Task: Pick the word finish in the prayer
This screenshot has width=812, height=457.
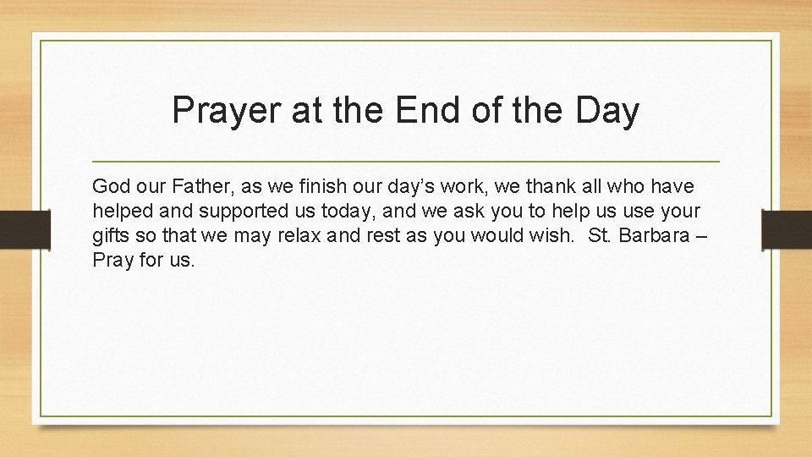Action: tap(324, 185)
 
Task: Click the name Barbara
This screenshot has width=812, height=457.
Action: tap(657, 234)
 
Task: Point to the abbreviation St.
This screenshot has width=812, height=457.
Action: tap(599, 234)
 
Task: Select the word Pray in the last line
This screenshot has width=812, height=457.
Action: tap(112, 260)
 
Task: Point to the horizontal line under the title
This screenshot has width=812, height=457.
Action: tap(405, 161)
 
